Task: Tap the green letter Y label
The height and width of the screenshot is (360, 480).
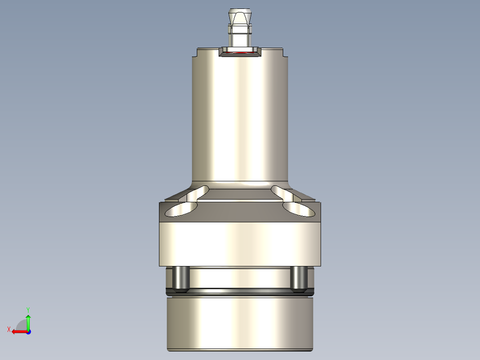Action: point(28,309)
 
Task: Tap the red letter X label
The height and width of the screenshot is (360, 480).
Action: point(8,329)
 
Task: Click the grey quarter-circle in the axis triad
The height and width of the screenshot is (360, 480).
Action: point(22,325)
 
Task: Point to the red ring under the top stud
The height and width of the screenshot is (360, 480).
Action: point(240,53)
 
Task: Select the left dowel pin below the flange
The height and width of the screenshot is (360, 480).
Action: point(181,278)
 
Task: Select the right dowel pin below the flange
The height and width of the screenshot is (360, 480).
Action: point(298,278)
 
